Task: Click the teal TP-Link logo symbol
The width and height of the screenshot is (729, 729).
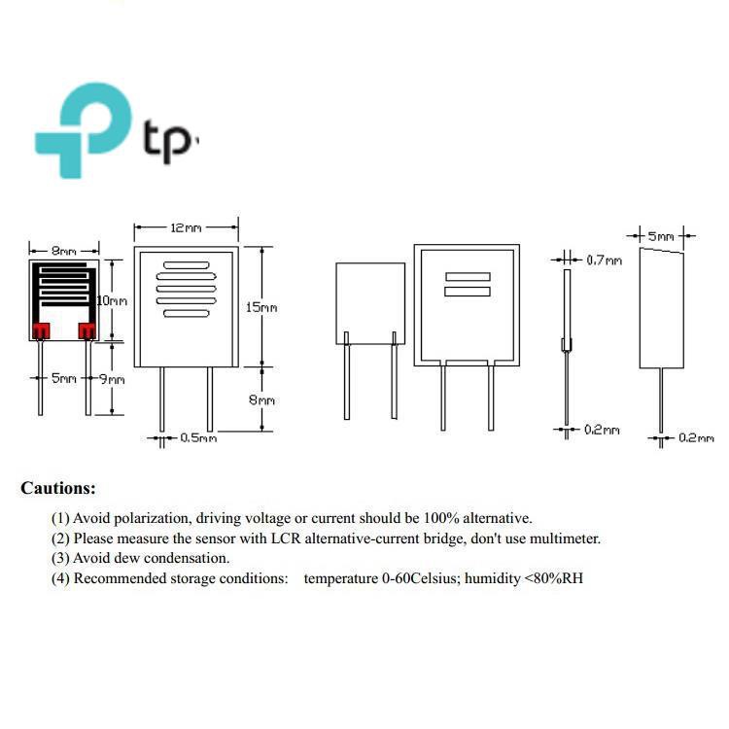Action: pos(84,130)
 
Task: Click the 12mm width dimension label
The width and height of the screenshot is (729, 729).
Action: pos(186,227)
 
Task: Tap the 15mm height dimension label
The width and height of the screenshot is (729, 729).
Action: pos(261,307)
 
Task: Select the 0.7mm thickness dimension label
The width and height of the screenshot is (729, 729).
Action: pos(604,260)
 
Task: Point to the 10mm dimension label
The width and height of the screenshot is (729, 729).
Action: pos(112,300)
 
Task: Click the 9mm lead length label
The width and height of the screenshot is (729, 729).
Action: pos(112,379)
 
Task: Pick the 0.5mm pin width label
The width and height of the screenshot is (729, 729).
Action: pos(198,437)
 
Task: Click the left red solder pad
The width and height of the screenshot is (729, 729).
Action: pos(41,330)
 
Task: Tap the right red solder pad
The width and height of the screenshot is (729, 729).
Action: pos(87,330)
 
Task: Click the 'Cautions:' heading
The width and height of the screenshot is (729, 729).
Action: pos(58,488)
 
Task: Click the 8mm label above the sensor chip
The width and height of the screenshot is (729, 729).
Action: pos(64,251)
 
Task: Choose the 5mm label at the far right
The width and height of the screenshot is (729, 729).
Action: pos(661,236)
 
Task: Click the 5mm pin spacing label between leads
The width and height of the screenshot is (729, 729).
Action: pos(64,378)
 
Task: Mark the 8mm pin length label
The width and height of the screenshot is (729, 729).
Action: pos(261,399)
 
